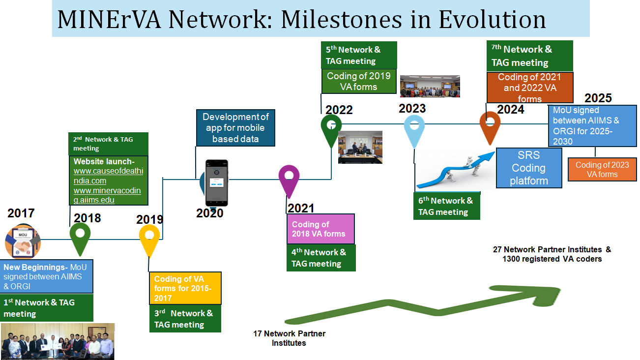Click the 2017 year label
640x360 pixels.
(x=21, y=213)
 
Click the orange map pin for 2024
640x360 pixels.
(x=490, y=127)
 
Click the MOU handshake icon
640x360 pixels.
(x=23, y=241)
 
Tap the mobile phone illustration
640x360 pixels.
(x=217, y=183)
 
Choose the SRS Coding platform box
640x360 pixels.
(x=529, y=168)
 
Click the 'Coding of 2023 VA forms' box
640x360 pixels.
(x=602, y=170)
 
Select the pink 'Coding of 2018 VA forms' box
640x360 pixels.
(x=320, y=229)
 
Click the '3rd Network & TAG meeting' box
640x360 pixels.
(x=185, y=319)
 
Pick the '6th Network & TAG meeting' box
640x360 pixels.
(x=446, y=206)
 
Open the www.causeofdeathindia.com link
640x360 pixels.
(x=108, y=176)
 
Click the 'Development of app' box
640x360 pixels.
(x=235, y=128)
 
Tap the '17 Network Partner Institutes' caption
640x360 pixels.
(x=289, y=338)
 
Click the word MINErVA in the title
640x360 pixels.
(x=109, y=20)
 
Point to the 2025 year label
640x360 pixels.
(x=598, y=98)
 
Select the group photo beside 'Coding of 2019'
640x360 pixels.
(x=430, y=87)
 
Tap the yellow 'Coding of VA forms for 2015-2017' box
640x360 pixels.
(x=185, y=288)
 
